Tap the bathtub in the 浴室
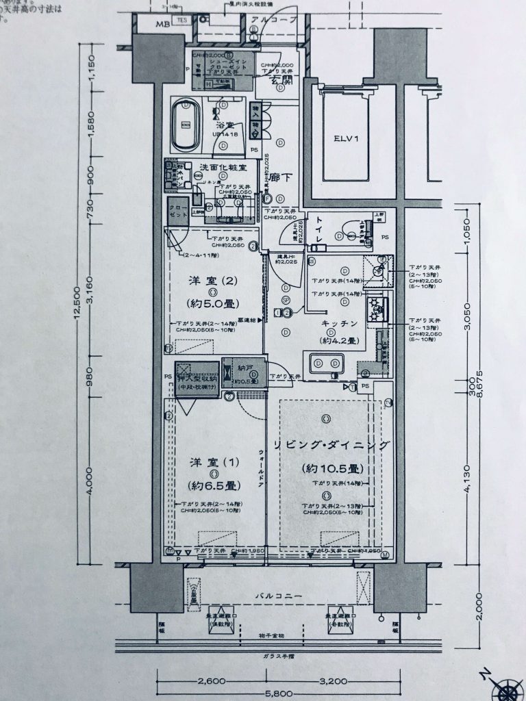(186, 126)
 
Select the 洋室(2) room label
(213, 281)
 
